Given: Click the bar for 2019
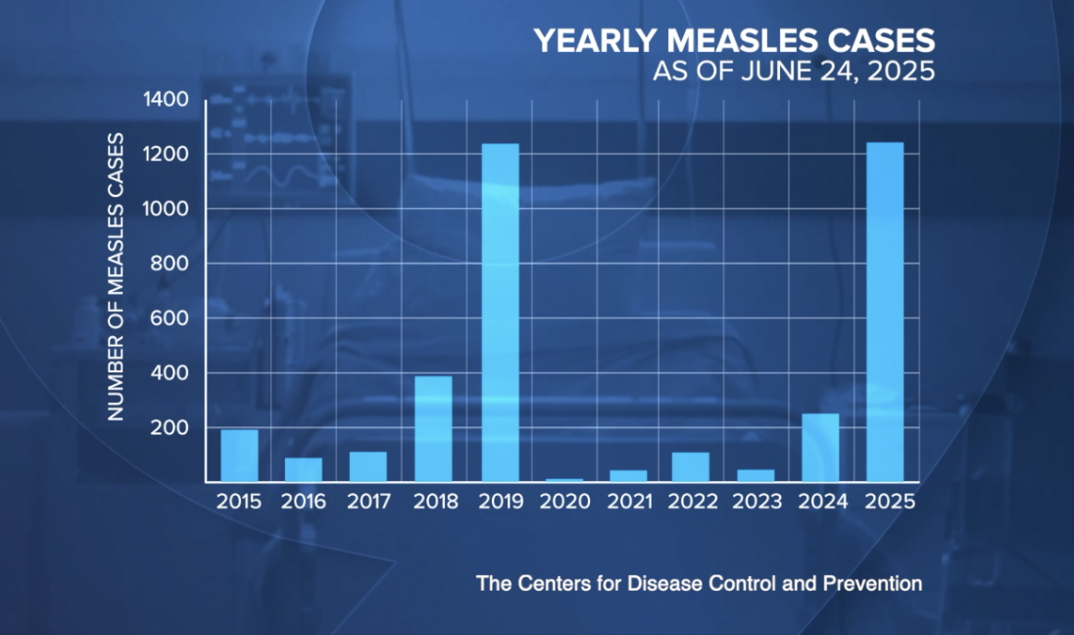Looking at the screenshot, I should [x=500, y=313].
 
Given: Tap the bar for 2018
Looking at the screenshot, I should [x=433, y=429].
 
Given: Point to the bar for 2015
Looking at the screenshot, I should [x=239, y=456].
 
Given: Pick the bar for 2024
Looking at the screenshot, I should [x=820, y=448].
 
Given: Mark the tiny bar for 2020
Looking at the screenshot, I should [x=564, y=480].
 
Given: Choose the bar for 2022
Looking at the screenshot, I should [x=691, y=467].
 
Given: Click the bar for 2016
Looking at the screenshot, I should [x=304, y=470].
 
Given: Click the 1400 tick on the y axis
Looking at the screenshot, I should [x=169, y=100].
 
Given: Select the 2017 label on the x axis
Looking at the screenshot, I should [x=368, y=502].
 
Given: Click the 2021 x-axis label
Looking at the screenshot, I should [x=628, y=502].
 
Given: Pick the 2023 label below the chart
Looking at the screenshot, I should [x=756, y=502].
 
